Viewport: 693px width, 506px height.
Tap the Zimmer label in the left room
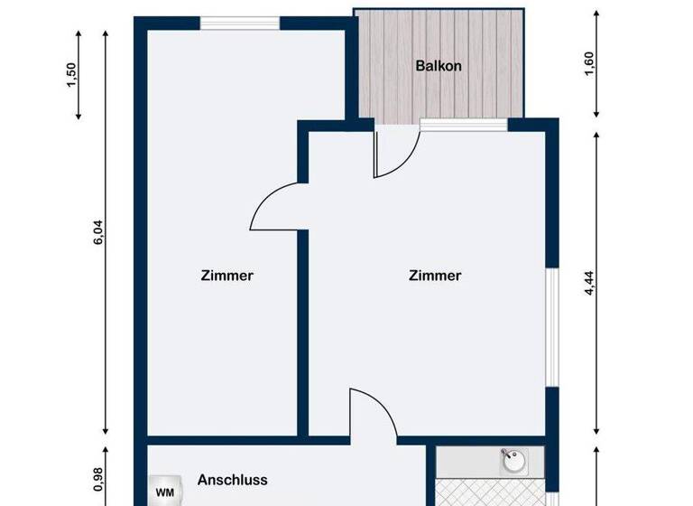pos(226,276)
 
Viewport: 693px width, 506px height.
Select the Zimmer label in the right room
pos(435,276)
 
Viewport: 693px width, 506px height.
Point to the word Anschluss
pos(233,480)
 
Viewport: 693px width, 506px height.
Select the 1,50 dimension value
pos(72,77)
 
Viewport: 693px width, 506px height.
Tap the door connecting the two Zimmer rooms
pos(279,204)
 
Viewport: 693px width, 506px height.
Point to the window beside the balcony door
pos(463,125)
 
